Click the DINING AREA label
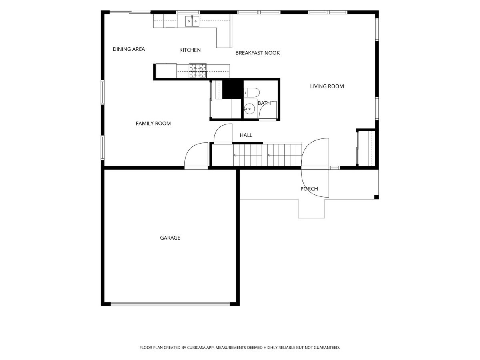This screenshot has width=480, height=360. pyautogui.click(x=129, y=49)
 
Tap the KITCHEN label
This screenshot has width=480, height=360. pyautogui.click(x=190, y=50)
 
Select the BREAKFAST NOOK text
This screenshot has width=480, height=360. pyautogui.click(x=258, y=53)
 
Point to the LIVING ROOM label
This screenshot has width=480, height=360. pyautogui.click(x=327, y=86)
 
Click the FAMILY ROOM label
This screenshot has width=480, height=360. pyautogui.click(x=153, y=124)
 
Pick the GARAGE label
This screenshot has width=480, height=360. pyautogui.click(x=170, y=238)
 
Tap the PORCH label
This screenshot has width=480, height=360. pyautogui.click(x=309, y=189)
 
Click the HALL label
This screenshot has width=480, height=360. pyautogui.click(x=246, y=135)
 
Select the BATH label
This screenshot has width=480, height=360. pyautogui.click(x=264, y=103)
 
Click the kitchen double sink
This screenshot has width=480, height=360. pyautogui.click(x=192, y=21)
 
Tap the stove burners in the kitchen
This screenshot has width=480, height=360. pyautogui.click(x=198, y=71)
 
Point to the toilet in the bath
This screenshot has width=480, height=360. pyautogui.click(x=252, y=92)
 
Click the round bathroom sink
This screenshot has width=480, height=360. pyautogui.click(x=249, y=109)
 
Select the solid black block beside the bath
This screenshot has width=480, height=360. pyautogui.click(x=233, y=89)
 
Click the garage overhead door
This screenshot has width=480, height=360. pyautogui.click(x=170, y=304)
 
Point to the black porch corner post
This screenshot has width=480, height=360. pyautogui.click(x=376, y=197)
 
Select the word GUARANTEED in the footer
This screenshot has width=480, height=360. pyautogui.click(x=327, y=347)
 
